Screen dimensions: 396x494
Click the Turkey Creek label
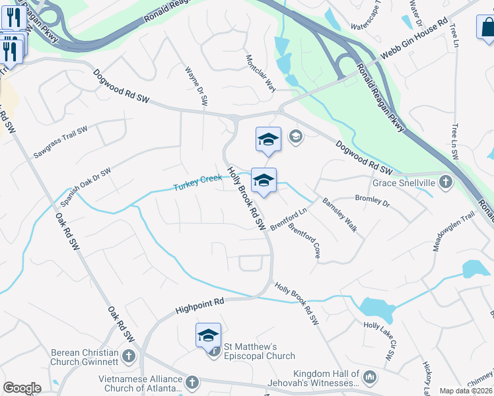[x=197, y=183]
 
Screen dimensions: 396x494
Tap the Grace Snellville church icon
[x=446, y=181]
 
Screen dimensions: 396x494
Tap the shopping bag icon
[x=487, y=28]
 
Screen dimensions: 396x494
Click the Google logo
[x=22, y=388]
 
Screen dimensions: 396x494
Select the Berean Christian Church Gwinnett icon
[x=128, y=356]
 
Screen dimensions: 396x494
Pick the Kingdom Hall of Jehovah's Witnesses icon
[x=370, y=378]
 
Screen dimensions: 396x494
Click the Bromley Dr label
[x=372, y=201]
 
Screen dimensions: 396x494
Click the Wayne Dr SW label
[x=197, y=86]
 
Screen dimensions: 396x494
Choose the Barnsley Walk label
[x=339, y=215]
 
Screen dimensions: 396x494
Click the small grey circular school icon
[x=296, y=137]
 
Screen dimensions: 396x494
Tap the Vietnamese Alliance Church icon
[x=192, y=383]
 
